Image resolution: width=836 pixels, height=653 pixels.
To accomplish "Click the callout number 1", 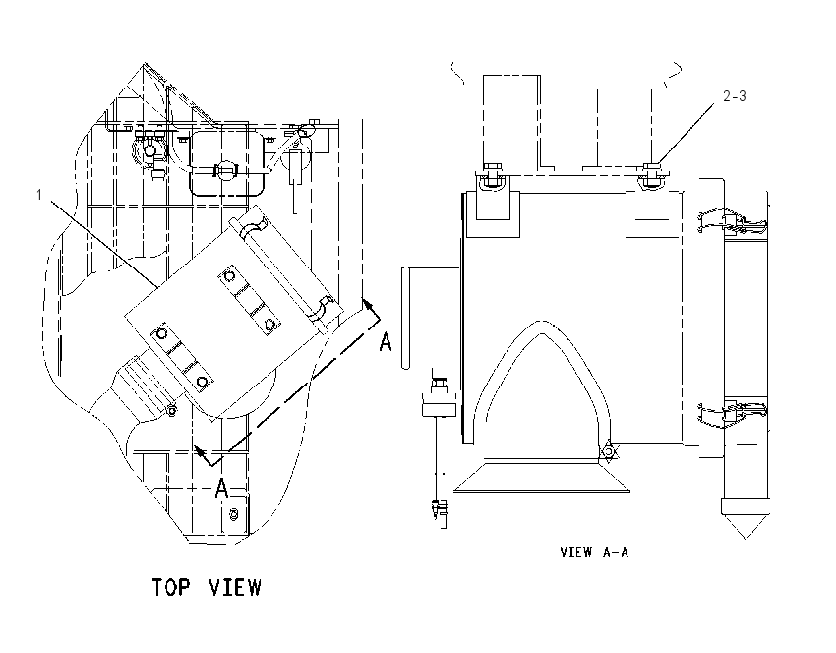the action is coord(39,195).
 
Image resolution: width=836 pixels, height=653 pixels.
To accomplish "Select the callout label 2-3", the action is coord(734,96).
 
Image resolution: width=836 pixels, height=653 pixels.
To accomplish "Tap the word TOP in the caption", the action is coord(171,587).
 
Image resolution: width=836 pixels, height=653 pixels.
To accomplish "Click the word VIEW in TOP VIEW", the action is coord(235,587).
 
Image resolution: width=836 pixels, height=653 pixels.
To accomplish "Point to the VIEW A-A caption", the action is coord(594,552).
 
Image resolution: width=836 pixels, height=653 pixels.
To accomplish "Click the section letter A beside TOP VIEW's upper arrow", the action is coord(386,341).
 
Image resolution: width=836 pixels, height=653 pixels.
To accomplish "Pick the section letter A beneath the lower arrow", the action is coord(222,488).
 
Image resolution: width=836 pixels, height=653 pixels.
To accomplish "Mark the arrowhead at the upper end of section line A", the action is coord(368,306).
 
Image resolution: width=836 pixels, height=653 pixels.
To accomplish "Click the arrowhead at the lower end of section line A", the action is coord(200,452).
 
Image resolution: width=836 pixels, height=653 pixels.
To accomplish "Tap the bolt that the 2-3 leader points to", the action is coord(651,174).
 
